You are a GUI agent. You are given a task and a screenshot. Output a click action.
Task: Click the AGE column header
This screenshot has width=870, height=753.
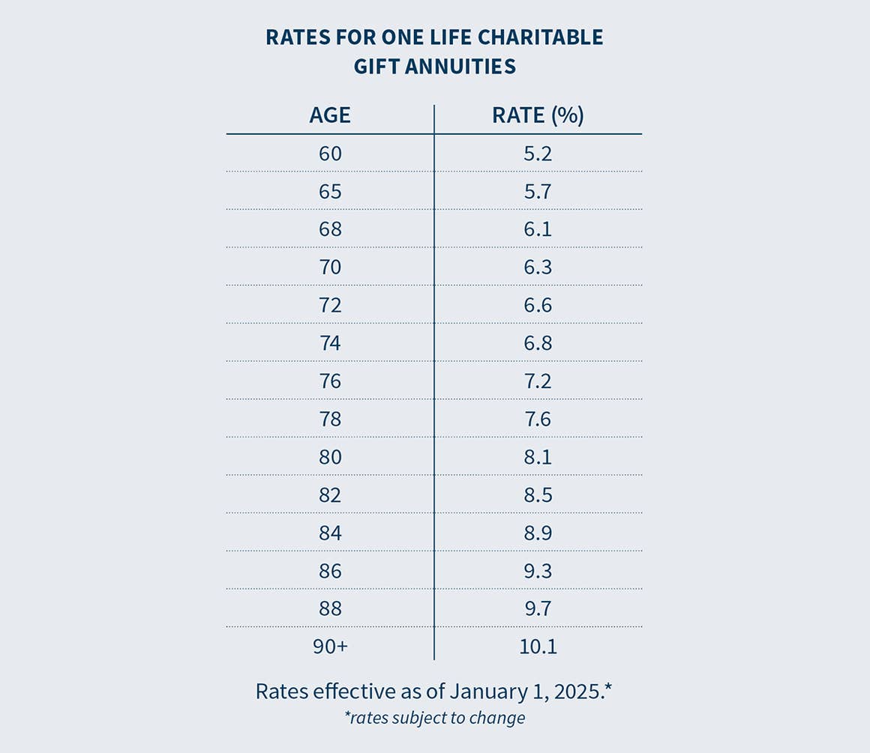pyautogui.click(x=330, y=115)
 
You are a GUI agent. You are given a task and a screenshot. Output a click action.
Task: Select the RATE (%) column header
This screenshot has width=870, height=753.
pyautogui.click(x=538, y=115)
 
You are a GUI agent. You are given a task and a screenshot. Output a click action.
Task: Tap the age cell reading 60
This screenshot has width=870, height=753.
pyautogui.click(x=330, y=154)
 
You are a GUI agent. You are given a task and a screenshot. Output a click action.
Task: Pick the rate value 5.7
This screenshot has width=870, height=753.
pyautogui.click(x=538, y=192)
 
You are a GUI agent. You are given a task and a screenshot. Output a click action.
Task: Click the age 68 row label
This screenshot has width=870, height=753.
pyautogui.click(x=330, y=229)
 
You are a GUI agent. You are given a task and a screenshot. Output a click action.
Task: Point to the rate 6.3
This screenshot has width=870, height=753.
pyautogui.click(x=538, y=267)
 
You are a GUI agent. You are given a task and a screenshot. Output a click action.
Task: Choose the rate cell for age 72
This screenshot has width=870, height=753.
pyautogui.click(x=538, y=306)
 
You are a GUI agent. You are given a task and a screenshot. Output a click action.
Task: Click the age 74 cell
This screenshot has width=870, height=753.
pyautogui.click(x=330, y=343)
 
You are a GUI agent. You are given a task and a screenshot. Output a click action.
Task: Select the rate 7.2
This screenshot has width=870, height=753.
pyautogui.click(x=538, y=381)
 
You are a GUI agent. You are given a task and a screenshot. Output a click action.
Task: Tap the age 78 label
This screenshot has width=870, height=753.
pyautogui.click(x=330, y=419)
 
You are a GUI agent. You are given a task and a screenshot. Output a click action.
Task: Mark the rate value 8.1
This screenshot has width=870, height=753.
pyautogui.click(x=538, y=457)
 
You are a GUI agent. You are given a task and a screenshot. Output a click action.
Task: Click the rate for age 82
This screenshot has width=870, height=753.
pyautogui.click(x=538, y=495)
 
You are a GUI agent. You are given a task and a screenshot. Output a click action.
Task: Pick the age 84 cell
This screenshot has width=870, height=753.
pyautogui.click(x=330, y=533)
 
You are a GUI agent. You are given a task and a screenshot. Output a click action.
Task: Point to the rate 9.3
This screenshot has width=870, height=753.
pyautogui.click(x=538, y=571)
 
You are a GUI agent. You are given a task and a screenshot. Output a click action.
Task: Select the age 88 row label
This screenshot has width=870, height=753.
pyautogui.click(x=330, y=608)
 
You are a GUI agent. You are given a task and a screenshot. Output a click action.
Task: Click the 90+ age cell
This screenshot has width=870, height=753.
pyautogui.click(x=330, y=647)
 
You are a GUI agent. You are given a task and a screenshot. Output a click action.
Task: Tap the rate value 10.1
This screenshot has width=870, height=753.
pyautogui.click(x=538, y=647)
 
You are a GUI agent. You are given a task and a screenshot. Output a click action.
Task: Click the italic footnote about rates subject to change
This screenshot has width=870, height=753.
pyautogui.click(x=434, y=718)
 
